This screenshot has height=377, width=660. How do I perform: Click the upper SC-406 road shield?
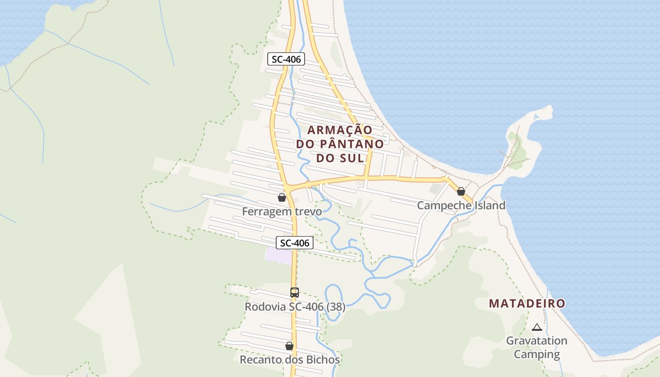coord(286,59)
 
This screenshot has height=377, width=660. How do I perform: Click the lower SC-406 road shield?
coord(295,243)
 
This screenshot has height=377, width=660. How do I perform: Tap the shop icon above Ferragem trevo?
coord(282,197)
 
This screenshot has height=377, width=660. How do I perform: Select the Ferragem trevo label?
coord(282,212)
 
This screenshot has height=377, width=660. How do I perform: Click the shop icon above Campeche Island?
coord(461,191)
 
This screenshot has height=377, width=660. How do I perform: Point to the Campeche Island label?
coord(461,205)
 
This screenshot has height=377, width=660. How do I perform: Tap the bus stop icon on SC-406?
coord(295,293)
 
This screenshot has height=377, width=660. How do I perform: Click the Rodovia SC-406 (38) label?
coord(295,307)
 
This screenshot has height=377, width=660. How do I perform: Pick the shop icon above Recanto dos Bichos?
coord(289,346)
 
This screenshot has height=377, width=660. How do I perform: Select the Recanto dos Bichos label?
coord(289,360)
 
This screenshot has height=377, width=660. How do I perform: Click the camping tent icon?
coord(537,327)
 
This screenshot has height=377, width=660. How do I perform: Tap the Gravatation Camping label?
coord(537,347)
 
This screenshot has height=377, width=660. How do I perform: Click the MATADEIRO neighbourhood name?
coord(527,303)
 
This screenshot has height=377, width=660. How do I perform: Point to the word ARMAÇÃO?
coord(340,130)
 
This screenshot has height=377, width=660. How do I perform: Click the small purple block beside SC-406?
coord(279,255)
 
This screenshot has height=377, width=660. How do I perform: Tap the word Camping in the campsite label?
coord(537,354)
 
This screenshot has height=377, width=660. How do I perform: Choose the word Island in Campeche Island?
coord(487,205)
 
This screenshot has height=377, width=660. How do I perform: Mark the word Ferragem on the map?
coord(264,212)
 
